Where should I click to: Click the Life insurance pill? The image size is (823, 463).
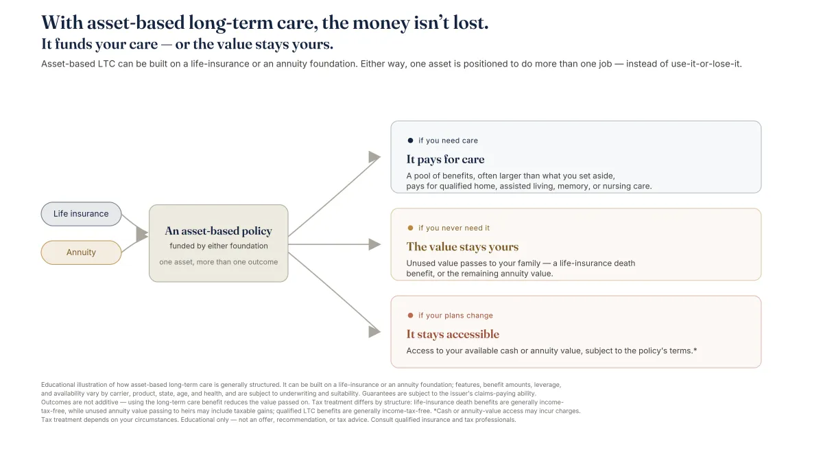click(x=81, y=214)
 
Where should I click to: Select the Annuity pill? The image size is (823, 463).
click(x=81, y=252)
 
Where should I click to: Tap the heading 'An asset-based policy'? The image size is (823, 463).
click(x=219, y=230)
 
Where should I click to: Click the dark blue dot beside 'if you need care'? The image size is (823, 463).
click(x=410, y=141)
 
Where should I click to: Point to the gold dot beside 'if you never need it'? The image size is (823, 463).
click(x=410, y=228)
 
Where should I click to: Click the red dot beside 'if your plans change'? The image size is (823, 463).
click(x=410, y=316)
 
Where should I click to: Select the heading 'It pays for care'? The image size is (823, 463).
click(x=445, y=159)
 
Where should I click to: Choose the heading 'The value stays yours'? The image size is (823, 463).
click(x=462, y=246)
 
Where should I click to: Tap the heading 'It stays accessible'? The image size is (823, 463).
click(x=453, y=334)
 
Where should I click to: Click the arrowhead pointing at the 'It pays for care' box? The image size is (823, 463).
click(x=374, y=157)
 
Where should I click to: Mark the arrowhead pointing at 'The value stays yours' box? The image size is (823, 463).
click(x=374, y=244)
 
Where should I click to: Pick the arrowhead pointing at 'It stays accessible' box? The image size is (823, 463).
click(x=374, y=332)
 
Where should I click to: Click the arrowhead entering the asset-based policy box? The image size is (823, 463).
click(x=142, y=234)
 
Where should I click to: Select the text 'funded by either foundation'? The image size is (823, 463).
click(x=219, y=246)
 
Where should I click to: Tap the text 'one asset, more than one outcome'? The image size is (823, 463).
click(x=219, y=262)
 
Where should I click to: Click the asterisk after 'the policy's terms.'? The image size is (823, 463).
click(x=695, y=350)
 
